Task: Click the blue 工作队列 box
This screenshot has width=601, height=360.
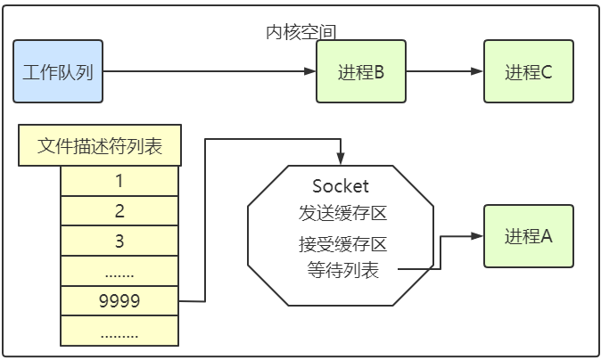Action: tap(57, 71)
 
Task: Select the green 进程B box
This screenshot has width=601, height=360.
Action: tap(361, 71)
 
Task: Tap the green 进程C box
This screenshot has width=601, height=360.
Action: tap(529, 71)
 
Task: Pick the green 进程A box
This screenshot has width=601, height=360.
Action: tap(529, 236)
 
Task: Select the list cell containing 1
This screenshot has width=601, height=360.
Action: tap(119, 181)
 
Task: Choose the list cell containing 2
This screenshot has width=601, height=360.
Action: tap(119, 211)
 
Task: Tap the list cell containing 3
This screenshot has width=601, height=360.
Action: tap(119, 241)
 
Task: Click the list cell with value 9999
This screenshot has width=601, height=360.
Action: tap(119, 301)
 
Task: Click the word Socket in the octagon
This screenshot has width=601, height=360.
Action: tap(341, 186)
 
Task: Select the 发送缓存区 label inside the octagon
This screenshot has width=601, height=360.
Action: tap(342, 214)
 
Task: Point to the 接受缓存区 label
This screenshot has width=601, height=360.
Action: tap(342, 243)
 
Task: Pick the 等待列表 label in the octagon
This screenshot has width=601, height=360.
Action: tap(342, 270)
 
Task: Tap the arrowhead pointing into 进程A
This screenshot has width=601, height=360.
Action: tap(478, 236)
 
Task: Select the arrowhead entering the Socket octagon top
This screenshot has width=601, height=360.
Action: tap(341, 160)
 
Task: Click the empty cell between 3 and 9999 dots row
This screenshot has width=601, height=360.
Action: tap(119, 271)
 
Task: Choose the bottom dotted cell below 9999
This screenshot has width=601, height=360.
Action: tap(119, 331)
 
